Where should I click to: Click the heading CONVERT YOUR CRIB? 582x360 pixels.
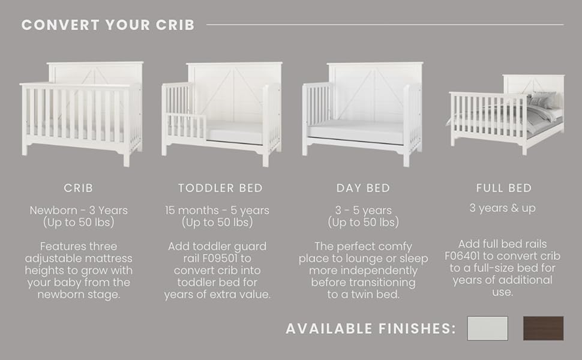coord(108,25)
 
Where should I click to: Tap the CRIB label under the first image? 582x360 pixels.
coord(79,188)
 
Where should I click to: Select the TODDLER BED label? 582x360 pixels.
coord(220,188)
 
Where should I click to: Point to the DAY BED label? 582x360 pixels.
coord(363,188)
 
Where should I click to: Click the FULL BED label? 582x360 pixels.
coord(503,188)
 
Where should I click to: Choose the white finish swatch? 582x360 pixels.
coord(488,328)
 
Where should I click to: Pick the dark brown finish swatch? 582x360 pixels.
coord(544,328)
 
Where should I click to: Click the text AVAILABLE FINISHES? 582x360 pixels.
coord(370,328)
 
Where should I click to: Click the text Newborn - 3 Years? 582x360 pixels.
coord(79,211)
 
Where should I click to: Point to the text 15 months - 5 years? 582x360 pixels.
coord(217,211)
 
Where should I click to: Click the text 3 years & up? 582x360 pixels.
coord(503,208)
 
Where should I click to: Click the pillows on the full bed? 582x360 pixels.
coord(541,100)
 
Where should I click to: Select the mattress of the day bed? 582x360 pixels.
coord(356,133)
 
